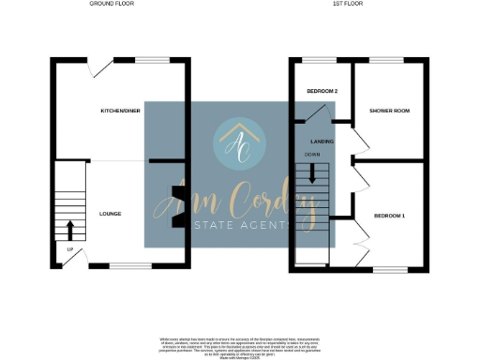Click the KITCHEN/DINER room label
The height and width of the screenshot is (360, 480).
tap(121, 111)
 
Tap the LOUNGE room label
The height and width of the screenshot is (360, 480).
tap(110, 214)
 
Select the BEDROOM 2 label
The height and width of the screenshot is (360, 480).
tap(322, 91)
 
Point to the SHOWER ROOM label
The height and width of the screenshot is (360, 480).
tap(389, 111)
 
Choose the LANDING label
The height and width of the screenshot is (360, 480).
tap(323, 140)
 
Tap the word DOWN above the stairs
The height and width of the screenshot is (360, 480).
tap(312, 154)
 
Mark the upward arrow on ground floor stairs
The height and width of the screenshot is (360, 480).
tap(70, 229)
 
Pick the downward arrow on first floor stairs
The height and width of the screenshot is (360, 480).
tap(313, 172)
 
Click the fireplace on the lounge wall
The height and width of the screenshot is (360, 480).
tap(176, 208)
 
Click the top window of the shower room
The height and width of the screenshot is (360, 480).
tap(386, 60)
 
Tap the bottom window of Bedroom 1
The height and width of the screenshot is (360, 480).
tap(391, 269)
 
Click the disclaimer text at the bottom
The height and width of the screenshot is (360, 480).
tap(239, 344)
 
